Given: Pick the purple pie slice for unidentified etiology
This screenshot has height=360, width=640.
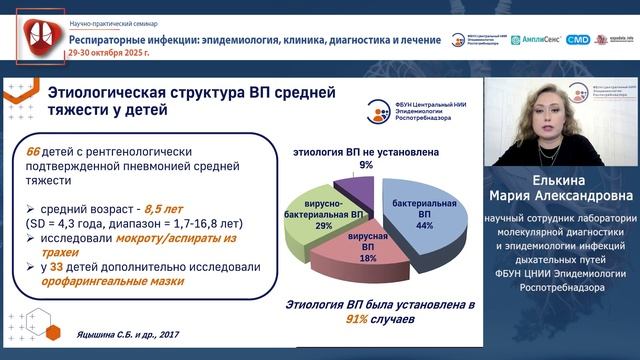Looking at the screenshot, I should (350, 185).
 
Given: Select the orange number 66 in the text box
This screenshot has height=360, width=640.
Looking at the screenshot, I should (35, 151).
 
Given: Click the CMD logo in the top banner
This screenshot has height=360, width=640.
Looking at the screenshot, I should (578, 40).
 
